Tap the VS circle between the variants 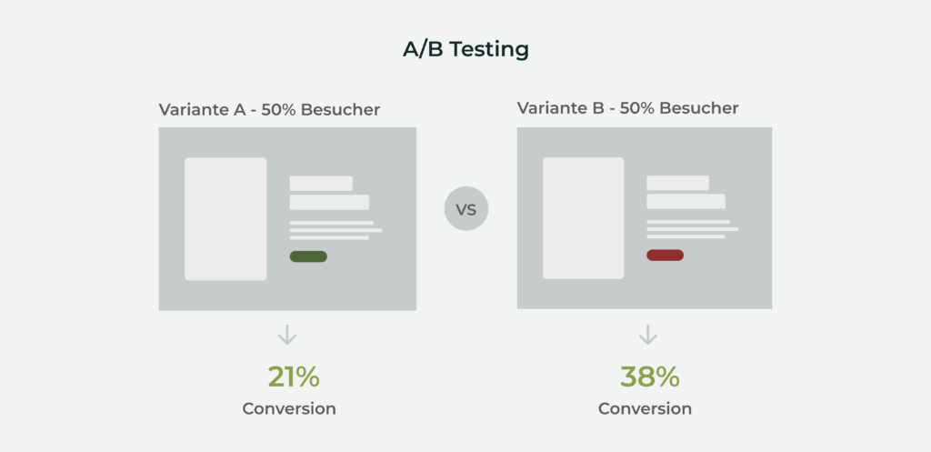coord(466,208)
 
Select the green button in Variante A coord(308,256)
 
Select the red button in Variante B coord(665,255)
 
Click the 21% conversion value coord(294,377)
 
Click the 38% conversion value coord(649,377)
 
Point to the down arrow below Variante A coord(287,335)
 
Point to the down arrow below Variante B coord(647,335)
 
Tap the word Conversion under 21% coord(289,409)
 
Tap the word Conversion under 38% coord(645,409)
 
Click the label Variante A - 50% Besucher coord(269,110)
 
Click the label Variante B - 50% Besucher coord(627,108)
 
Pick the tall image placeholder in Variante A coord(225,218)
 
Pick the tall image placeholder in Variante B coord(583,218)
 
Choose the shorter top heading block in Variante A coord(321,184)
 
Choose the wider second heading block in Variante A coord(329,203)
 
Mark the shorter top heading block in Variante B coord(677,183)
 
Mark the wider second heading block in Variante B coord(686,201)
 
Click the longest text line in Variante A coord(336,230)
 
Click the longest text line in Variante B coord(692,228)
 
